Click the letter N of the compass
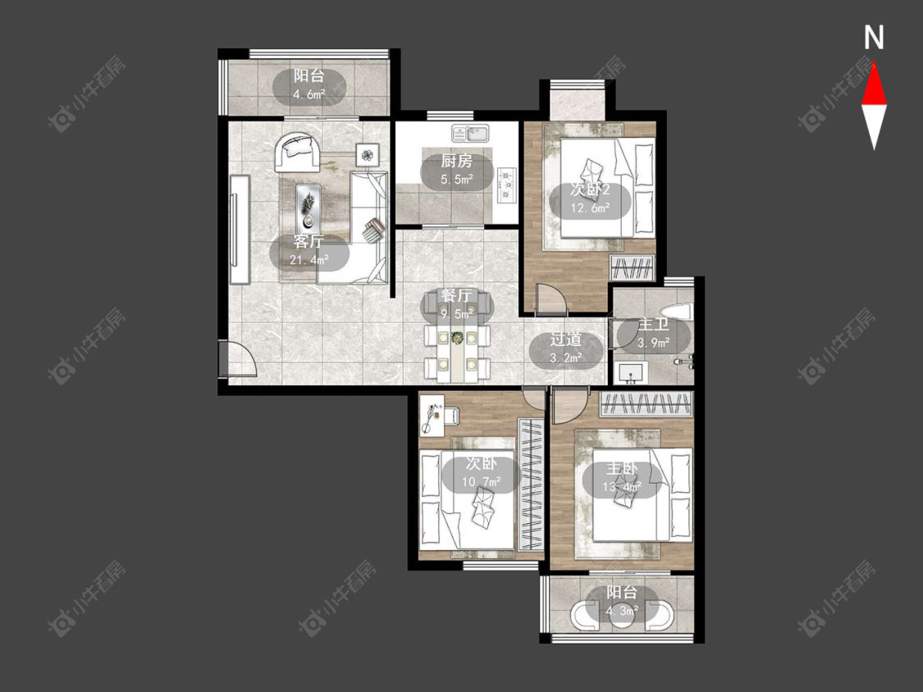pyautogui.click(x=874, y=38)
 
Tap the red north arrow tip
pyautogui.click(x=874, y=63)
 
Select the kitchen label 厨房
pyautogui.click(x=457, y=162)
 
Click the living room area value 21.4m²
pyautogui.click(x=309, y=259)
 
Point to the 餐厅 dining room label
pyautogui.click(x=457, y=295)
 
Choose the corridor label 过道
pyautogui.click(x=565, y=339)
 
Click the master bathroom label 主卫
pyautogui.click(x=653, y=325)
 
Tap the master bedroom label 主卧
pyautogui.click(x=622, y=468)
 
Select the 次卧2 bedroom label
pyautogui.click(x=590, y=190)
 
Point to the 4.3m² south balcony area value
pyautogui.click(x=622, y=611)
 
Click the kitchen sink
pyautogui.click(x=470, y=134)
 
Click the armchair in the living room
pyautogui.click(x=297, y=153)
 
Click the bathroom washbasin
pyautogui.click(x=630, y=373)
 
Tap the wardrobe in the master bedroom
pyautogui.click(x=647, y=404)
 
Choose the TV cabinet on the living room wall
pyautogui.click(x=240, y=230)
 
